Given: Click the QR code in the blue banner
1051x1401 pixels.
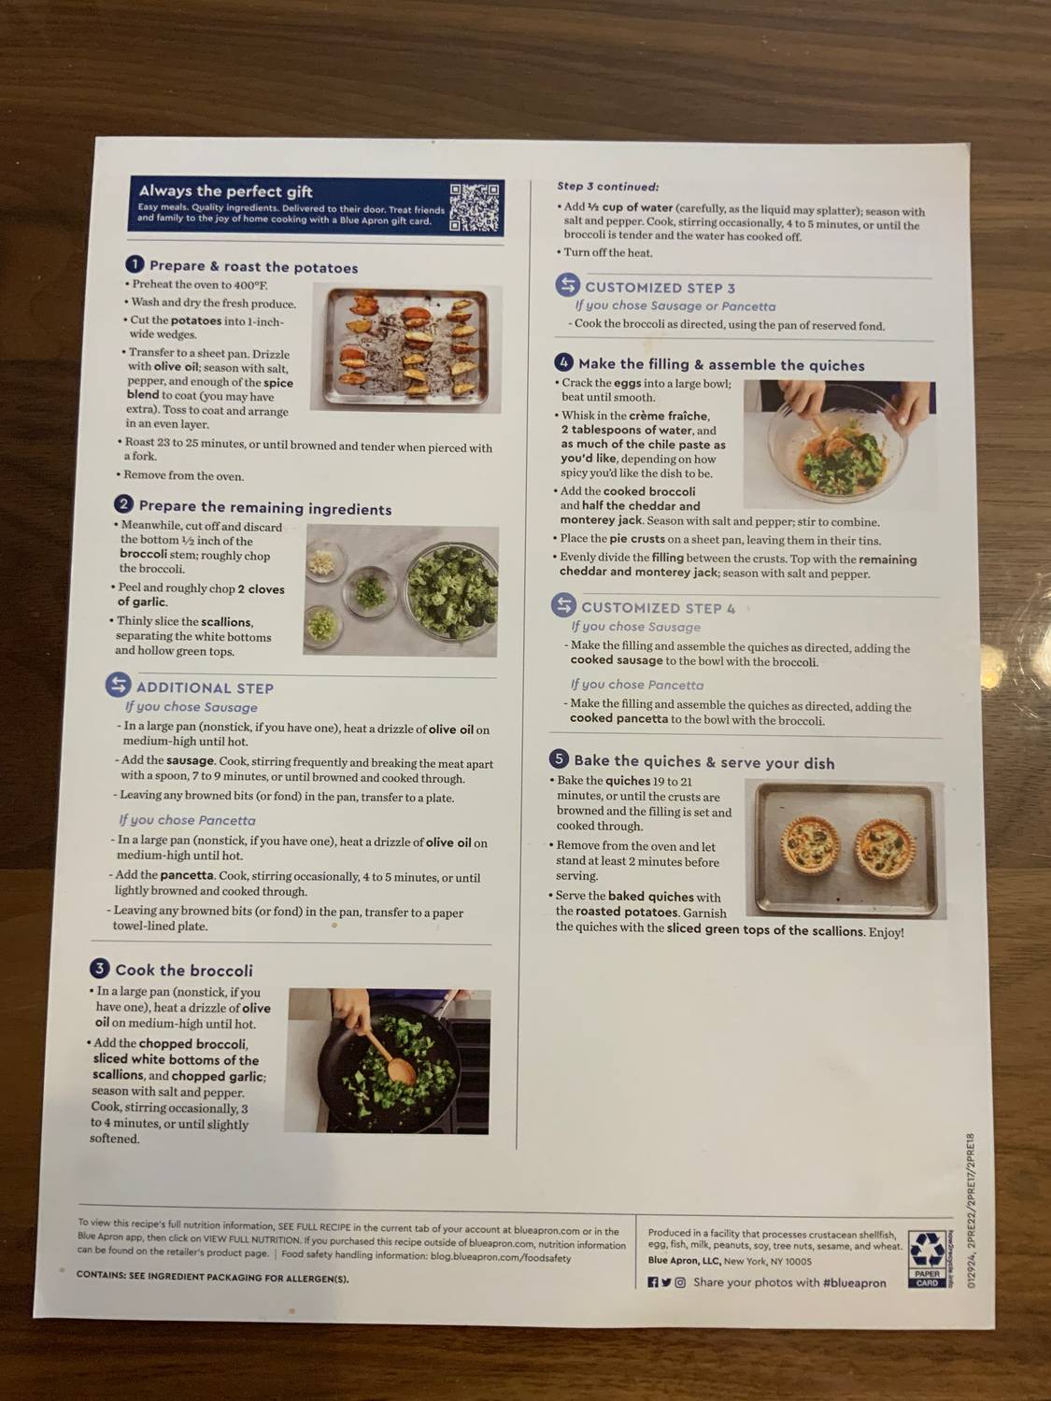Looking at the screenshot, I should [x=474, y=207].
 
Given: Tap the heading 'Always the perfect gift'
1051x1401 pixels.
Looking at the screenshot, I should [x=226, y=191].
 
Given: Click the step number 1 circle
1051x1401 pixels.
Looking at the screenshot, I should [x=135, y=265].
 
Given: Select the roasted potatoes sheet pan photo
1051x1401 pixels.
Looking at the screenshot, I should [x=405, y=348].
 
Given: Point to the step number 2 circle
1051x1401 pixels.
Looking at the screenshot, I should [x=124, y=504].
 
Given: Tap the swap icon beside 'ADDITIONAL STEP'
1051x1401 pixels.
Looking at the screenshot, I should [x=118, y=686].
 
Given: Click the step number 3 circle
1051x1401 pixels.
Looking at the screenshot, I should [x=100, y=969].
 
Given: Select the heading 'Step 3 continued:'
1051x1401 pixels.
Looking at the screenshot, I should [x=607, y=187].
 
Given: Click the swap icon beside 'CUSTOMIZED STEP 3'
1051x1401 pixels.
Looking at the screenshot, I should [x=567, y=285].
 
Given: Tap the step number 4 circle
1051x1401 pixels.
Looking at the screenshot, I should [x=563, y=362].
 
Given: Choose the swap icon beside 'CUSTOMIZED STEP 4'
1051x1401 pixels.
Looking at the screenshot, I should [x=563, y=605].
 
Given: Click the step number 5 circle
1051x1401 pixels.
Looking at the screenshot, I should [x=559, y=759].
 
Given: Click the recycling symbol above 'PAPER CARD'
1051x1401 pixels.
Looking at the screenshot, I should [x=927, y=1249].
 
